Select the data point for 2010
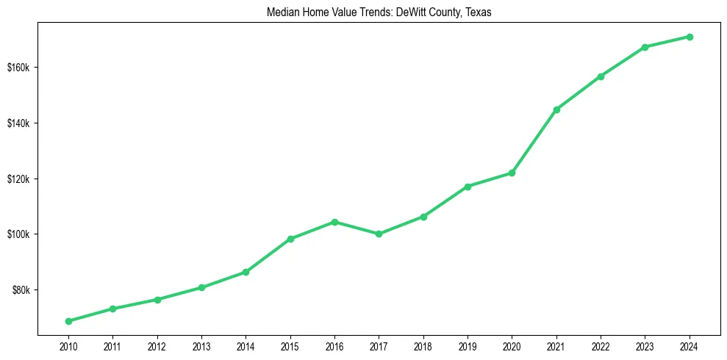[x=68, y=321]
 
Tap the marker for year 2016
[x=334, y=222]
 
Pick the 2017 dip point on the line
[x=379, y=234]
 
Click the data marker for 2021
[x=556, y=109]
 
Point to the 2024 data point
[x=690, y=37]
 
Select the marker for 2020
[x=512, y=173]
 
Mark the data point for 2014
[x=246, y=272]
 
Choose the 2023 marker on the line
[x=645, y=47]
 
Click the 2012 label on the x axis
[x=157, y=346]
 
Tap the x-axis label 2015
[x=290, y=346]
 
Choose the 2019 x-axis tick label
[x=468, y=346]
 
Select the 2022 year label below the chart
[x=601, y=346]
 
